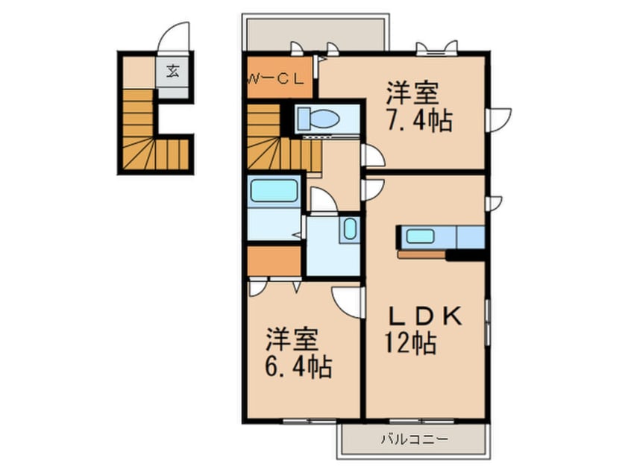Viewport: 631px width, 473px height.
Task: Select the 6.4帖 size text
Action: point(298,366)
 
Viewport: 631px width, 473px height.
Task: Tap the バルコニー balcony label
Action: point(416,440)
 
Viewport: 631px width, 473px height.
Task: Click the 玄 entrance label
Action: point(173,72)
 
